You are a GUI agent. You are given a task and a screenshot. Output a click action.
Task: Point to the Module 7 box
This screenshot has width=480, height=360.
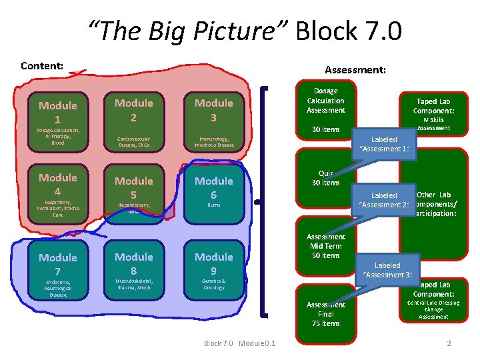58,274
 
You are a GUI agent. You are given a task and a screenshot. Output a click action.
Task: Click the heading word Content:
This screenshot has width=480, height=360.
42,65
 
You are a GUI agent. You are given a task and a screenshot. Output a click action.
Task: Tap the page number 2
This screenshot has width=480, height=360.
449,343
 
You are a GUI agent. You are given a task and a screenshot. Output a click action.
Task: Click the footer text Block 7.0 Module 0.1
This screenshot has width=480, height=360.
239,343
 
